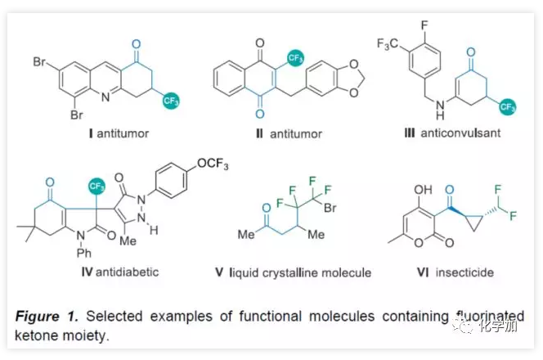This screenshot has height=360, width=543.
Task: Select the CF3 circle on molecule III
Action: click(508, 106)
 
